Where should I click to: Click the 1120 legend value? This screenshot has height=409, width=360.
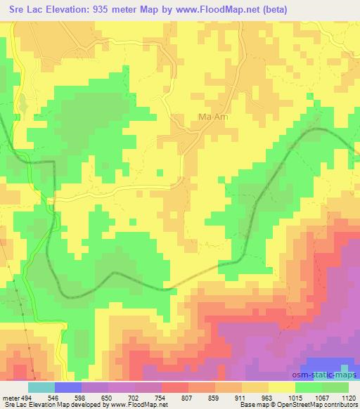tap(348, 396)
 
